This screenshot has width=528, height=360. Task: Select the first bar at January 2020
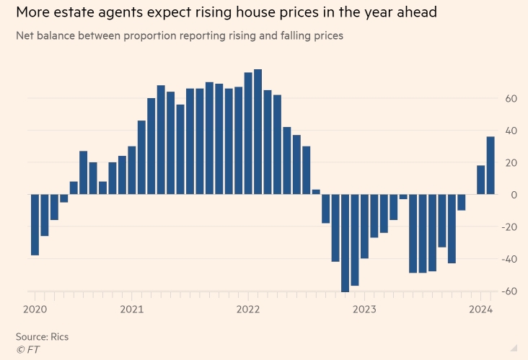coord(35,224)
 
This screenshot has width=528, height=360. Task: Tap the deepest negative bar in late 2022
coord(345,243)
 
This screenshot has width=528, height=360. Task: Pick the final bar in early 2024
coord(490,165)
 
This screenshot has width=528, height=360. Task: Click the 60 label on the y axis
coord(510,99)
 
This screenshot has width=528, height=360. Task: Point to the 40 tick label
coord(510,131)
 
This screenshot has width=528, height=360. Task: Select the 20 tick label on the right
coord(510,163)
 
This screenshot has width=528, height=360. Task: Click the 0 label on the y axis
coord(513,195)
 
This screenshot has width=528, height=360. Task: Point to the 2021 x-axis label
coord(131,310)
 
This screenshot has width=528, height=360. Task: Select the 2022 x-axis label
coord(247,310)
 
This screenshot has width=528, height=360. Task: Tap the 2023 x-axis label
coord(364,310)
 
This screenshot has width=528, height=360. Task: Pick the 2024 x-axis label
coord(480,310)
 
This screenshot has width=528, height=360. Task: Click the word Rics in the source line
coord(59,336)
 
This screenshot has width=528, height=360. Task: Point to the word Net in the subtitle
coord(25,35)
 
